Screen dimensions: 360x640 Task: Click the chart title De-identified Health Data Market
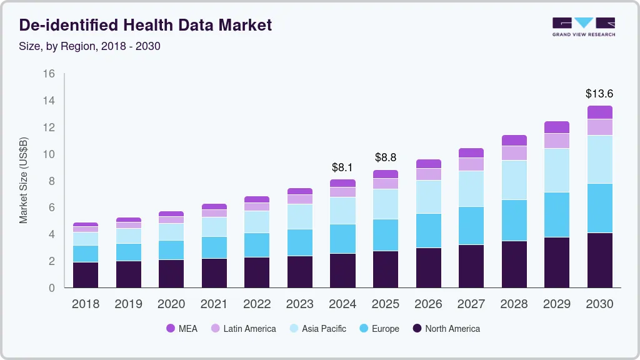146,26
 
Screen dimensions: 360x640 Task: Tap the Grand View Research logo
583,26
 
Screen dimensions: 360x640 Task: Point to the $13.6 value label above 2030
599,94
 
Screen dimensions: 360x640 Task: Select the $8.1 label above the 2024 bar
342,167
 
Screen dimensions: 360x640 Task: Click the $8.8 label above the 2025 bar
386,157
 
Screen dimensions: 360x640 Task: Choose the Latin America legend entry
243,328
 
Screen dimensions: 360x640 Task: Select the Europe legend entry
379,328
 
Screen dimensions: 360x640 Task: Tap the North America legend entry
446,328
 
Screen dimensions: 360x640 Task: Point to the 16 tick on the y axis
49,74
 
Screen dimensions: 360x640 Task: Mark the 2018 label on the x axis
86,304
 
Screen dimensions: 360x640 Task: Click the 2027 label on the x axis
471,304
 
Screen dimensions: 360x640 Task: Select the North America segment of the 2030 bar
599,260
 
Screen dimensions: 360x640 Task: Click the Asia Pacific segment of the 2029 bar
557,170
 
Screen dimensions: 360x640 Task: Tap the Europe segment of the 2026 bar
428,231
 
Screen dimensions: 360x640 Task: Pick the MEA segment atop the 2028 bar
514,140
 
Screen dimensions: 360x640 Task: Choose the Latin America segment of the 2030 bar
599,127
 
